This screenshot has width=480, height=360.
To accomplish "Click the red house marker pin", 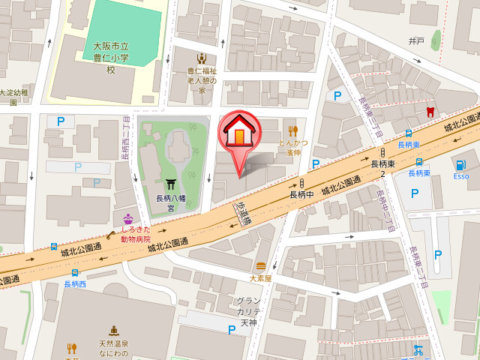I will pyautogui.click(x=239, y=134).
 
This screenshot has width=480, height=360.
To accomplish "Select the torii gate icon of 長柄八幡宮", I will pyautogui.click(x=170, y=184).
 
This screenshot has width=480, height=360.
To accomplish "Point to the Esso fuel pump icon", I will pyautogui.click(x=460, y=164).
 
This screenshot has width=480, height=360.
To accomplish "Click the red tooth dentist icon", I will pyautogui.click(x=430, y=112).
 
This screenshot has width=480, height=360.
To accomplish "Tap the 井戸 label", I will pyautogui.click(x=416, y=40).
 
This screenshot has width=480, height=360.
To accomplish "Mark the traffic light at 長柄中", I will pyautogui.click(x=301, y=182).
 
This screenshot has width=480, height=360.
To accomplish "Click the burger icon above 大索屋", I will pyautogui.click(x=260, y=265).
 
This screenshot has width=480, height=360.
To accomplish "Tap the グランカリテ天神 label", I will pyautogui.click(x=248, y=311).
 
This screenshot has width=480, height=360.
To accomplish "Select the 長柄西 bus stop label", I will pyautogui.click(x=75, y=284).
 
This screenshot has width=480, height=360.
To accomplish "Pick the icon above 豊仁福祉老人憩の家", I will pyautogui.click(x=201, y=58).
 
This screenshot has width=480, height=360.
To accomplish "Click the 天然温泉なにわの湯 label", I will pyautogui.click(x=113, y=348).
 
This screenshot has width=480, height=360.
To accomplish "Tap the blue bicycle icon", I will pyautogui.click(x=418, y=349).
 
